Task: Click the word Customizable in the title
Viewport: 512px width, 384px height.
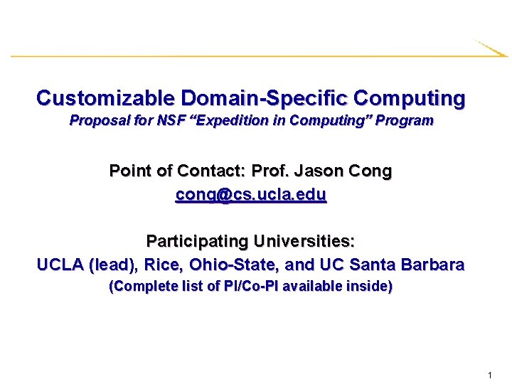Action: (106, 97)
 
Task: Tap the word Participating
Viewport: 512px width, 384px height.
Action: (195, 242)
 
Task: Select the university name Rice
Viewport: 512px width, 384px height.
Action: (161, 265)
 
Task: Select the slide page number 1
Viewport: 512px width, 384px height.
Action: (491, 375)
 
